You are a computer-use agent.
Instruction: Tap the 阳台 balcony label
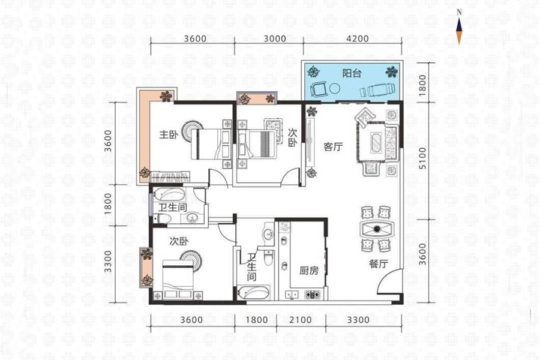[x=352, y=73]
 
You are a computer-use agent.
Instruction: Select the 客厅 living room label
[x=333, y=147]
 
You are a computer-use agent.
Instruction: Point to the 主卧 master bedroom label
[x=169, y=134]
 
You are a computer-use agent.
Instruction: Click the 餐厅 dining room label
[x=379, y=264]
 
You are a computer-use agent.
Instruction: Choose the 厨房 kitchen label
[x=309, y=271]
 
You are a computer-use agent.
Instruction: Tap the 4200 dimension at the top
[x=358, y=38]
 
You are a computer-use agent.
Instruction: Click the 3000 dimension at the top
[x=275, y=38]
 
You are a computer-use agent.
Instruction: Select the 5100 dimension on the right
[x=422, y=158]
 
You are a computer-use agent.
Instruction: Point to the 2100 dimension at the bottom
[x=301, y=320]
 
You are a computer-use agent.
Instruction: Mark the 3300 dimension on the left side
[x=108, y=262]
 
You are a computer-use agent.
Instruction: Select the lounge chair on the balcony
[x=378, y=90]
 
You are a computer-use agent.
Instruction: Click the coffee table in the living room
[x=376, y=141]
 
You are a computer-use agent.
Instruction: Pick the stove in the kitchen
[x=313, y=295]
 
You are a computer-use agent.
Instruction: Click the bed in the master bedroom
[x=211, y=145]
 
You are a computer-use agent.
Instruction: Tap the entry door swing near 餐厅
[x=389, y=281]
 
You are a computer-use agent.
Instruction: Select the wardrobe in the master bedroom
[x=171, y=176]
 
